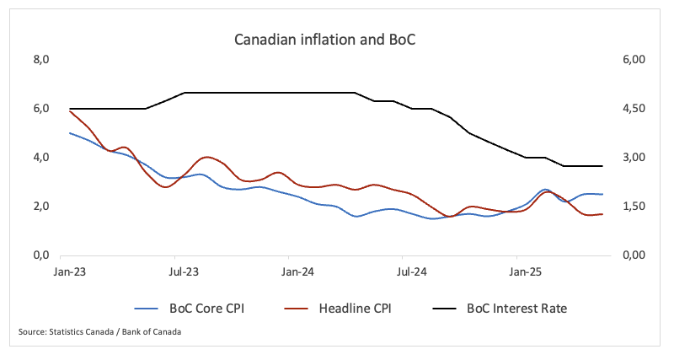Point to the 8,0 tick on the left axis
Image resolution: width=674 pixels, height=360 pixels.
[x=42, y=60]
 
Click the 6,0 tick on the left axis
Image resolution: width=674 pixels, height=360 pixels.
[x=42, y=109]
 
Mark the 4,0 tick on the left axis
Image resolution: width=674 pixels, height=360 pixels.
[x=42, y=158]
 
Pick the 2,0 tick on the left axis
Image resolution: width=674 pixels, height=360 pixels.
[x=42, y=207]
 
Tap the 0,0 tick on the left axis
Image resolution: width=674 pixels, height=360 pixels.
[x=42, y=255]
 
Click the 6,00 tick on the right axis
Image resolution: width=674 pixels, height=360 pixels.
[x=633, y=60]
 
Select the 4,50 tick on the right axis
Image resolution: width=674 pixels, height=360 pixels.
[x=633, y=109]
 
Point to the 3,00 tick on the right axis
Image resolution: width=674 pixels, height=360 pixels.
[x=633, y=158]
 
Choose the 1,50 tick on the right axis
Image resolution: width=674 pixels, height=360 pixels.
[x=633, y=207]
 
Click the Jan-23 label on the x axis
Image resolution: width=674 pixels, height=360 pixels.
[x=70, y=272]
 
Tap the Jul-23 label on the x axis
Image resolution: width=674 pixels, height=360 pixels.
[x=184, y=272]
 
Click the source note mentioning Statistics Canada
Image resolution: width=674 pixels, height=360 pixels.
[x=99, y=332]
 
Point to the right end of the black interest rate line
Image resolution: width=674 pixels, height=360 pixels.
[x=602, y=166]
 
